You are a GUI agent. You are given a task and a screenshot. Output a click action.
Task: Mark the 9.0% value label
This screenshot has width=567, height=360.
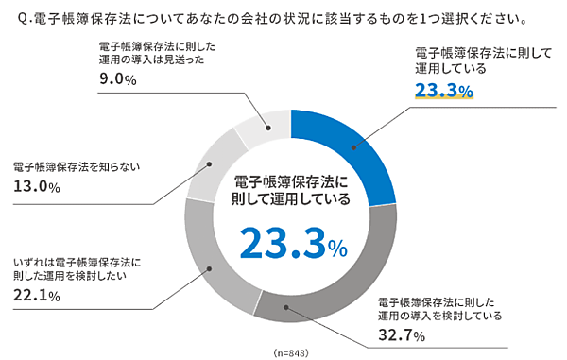click(118, 80)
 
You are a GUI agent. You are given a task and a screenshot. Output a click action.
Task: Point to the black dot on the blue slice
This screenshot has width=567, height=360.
click(355, 146)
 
